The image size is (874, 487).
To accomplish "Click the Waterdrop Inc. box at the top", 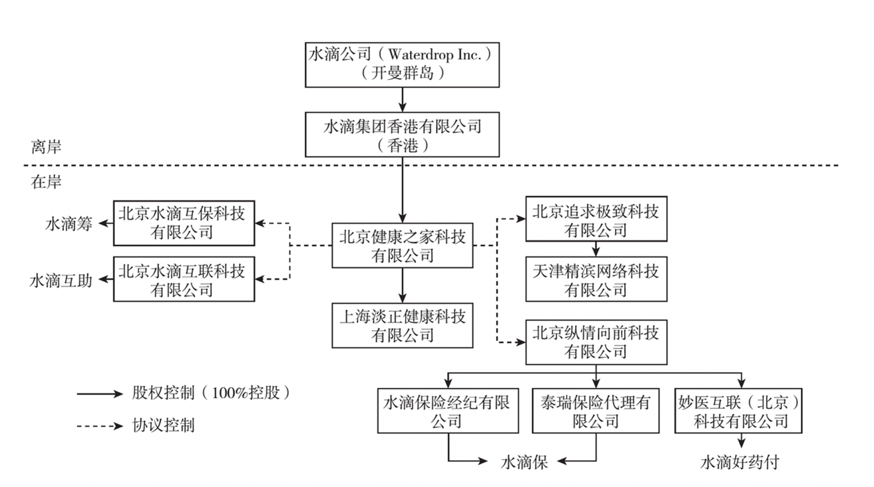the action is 402,65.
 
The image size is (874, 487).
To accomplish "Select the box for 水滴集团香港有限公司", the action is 402,134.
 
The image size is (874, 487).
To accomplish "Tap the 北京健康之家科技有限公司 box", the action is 402,245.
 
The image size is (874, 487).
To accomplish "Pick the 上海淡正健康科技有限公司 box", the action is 402,325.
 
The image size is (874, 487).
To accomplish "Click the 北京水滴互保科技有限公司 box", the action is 184,223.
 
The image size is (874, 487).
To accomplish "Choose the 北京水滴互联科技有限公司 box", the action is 184,279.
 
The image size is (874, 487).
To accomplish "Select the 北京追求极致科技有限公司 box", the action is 596,219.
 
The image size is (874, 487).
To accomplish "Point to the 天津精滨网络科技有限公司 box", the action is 596,279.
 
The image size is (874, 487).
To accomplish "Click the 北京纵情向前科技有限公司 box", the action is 596,342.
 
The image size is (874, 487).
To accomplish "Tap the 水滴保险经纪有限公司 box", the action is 448,411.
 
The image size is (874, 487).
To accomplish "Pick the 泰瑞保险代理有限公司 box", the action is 596,411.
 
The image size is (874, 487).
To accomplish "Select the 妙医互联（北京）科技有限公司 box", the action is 738,411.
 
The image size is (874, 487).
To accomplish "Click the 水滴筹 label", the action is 69,224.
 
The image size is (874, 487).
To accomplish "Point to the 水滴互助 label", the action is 61,280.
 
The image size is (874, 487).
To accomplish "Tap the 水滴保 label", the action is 524,462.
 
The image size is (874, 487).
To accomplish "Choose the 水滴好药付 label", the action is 740,462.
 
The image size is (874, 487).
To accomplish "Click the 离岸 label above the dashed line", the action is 46,147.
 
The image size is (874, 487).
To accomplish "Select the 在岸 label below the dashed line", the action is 46,182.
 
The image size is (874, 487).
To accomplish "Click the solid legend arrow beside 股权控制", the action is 100,394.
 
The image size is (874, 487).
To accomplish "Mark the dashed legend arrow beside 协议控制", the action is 100,426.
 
